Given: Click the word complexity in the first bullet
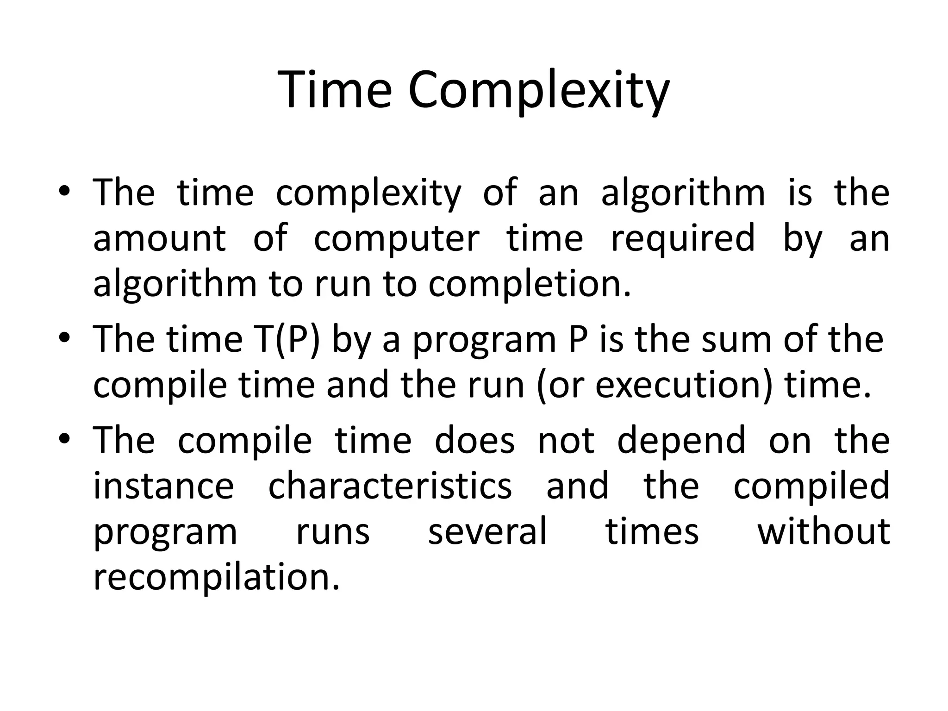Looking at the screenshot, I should [368, 194].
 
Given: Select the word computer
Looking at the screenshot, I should [397, 238].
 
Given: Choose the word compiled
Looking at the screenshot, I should [811, 487].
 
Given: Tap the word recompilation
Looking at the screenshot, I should [216, 579].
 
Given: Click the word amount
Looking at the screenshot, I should [160, 238].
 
